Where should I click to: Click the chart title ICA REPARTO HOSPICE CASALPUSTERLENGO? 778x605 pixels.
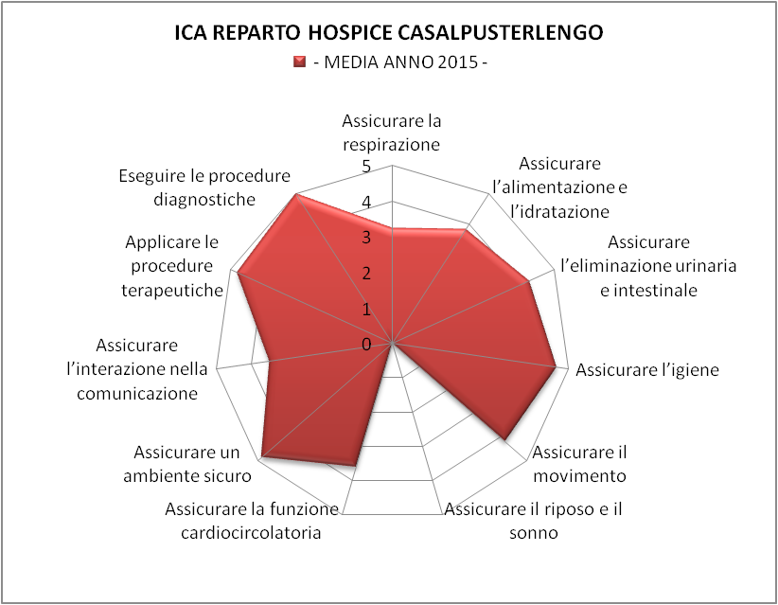pyautogui.click(x=388, y=33)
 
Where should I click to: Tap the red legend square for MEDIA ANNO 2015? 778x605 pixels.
pyautogui.click(x=299, y=62)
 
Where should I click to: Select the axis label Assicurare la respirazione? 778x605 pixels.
pyautogui.click(x=392, y=133)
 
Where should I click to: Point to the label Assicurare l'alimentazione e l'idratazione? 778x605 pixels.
pyautogui.click(x=559, y=187)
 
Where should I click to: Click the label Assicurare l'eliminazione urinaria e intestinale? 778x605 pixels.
pyautogui.click(x=648, y=266)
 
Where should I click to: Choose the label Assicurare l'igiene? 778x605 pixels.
pyautogui.click(x=647, y=370)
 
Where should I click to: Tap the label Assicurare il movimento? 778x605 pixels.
pyautogui.click(x=579, y=464)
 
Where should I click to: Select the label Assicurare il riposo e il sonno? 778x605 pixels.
pyautogui.click(x=534, y=521)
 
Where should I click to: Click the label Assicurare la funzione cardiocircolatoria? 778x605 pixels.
pyautogui.click(x=252, y=521)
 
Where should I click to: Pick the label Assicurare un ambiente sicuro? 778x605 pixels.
pyautogui.click(x=187, y=464)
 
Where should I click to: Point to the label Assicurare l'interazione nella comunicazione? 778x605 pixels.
pyautogui.click(x=137, y=369)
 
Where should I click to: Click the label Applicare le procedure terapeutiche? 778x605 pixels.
pyautogui.click(x=171, y=266)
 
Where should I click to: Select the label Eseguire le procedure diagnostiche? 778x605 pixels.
pyautogui.click(x=204, y=187)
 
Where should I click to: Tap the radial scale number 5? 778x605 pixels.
pyautogui.click(x=366, y=167)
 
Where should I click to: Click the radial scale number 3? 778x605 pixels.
pyautogui.click(x=366, y=238)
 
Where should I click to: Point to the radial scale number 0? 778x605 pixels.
pyautogui.click(x=366, y=345)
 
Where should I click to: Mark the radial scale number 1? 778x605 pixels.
pyautogui.click(x=366, y=310)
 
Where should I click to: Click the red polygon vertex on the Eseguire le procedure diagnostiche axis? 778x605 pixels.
pyautogui.click(x=296, y=194)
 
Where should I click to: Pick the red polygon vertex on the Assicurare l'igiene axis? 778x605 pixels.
pyautogui.click(x=556, y=367)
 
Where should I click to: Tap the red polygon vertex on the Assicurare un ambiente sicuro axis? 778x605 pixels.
pyautogui.click(x=261, y=457)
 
